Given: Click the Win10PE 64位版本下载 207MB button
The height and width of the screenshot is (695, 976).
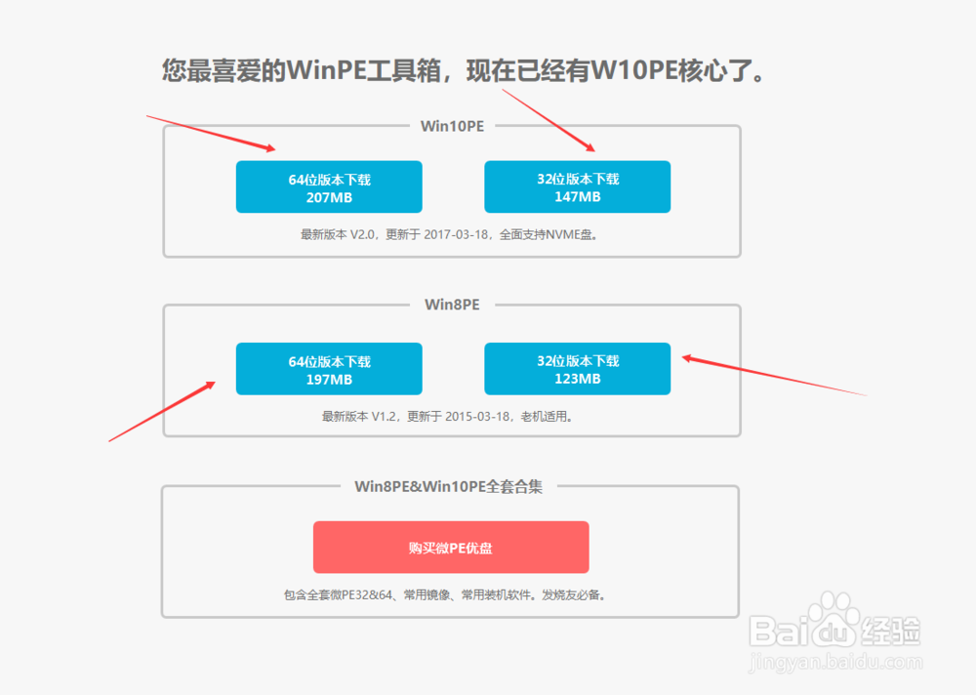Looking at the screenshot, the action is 329,186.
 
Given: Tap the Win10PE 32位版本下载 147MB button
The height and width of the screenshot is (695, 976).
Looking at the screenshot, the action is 577,186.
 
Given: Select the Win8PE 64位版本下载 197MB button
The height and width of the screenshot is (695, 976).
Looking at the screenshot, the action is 329,369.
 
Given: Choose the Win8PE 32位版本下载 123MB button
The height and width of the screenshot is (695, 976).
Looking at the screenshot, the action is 577,369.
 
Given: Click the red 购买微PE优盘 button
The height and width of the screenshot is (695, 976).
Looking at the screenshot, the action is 451,548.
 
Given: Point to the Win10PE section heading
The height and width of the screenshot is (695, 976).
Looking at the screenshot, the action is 453,127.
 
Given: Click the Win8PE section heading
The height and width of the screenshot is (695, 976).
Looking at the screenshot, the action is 453,305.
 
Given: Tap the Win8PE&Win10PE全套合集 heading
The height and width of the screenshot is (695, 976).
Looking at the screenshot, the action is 448,486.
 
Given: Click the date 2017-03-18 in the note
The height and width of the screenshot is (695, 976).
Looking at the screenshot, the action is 456,235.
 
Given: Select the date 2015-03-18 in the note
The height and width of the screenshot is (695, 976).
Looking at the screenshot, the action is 477,417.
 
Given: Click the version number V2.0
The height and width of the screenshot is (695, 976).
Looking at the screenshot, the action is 362,235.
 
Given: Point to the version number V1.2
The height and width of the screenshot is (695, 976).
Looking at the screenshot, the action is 384,417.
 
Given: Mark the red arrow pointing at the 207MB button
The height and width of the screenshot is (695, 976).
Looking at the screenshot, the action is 211,133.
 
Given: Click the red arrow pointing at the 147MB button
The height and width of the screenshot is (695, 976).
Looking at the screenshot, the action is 549,120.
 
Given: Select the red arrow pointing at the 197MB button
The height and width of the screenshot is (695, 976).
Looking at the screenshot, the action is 162,412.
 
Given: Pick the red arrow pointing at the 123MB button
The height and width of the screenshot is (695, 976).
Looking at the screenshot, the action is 775,375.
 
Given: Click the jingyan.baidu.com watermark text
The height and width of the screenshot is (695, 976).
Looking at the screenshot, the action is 835,662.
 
